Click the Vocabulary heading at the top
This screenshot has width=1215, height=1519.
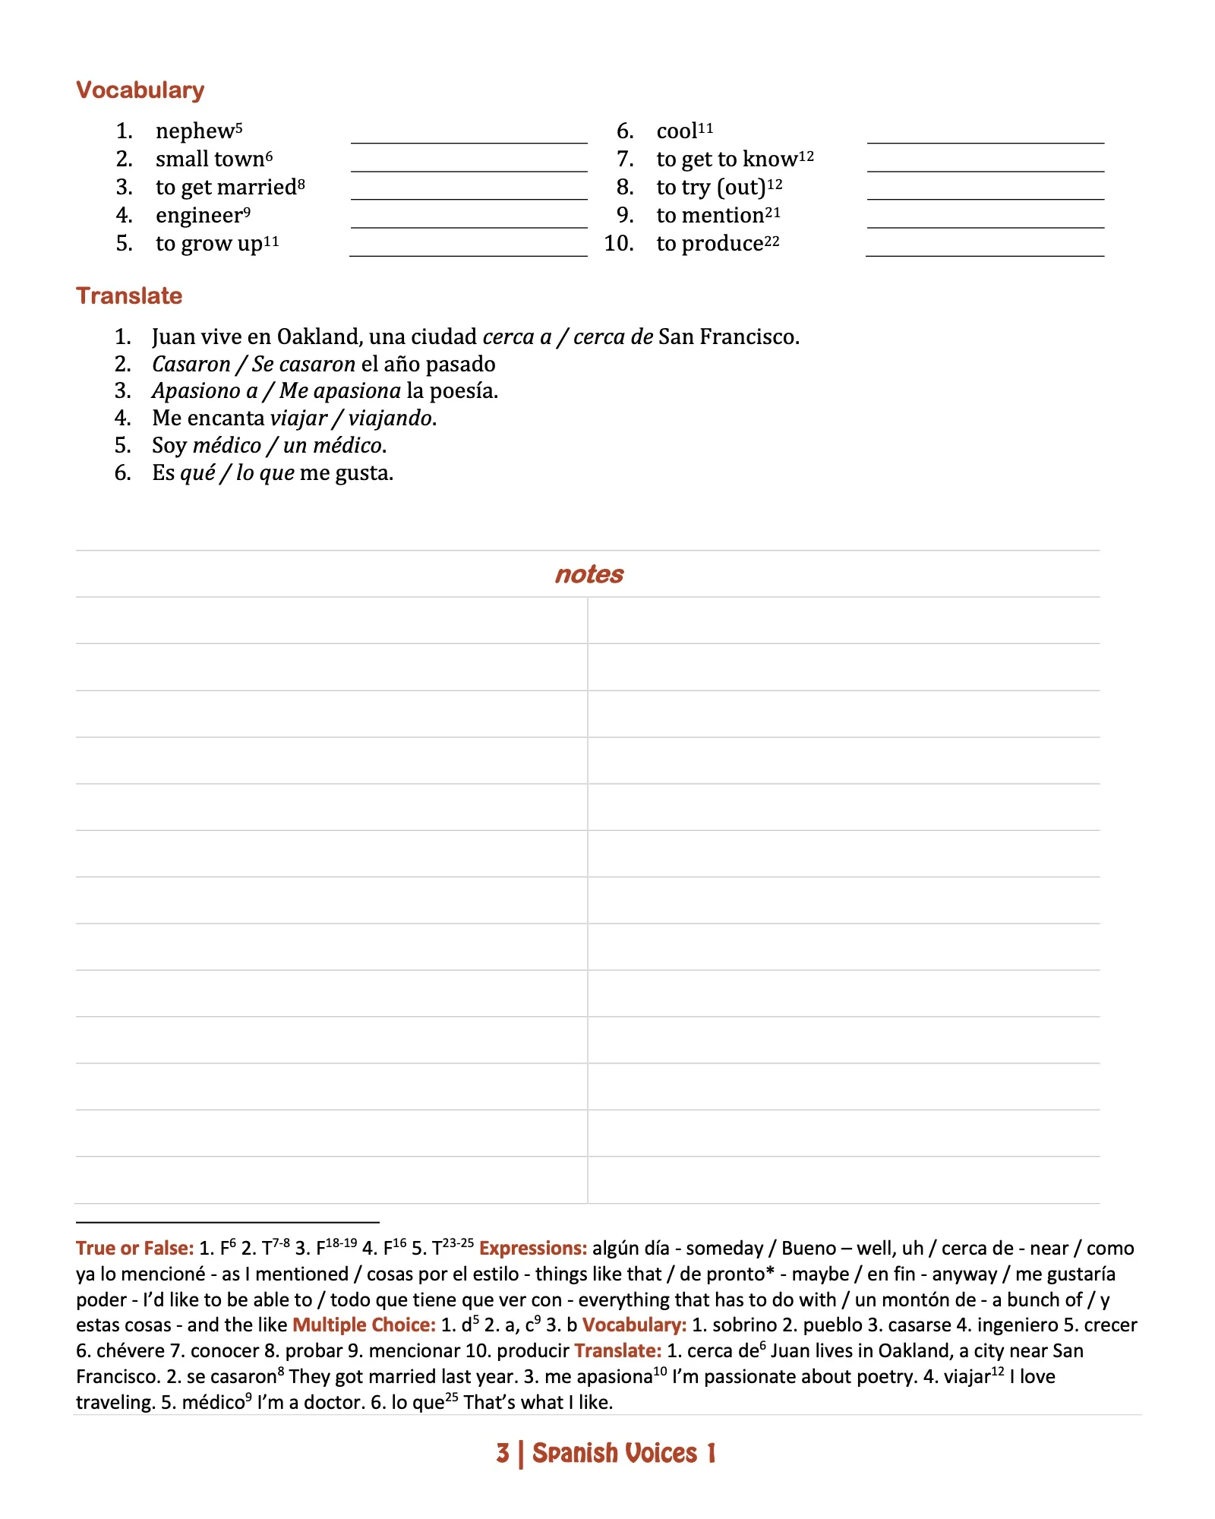[140, 90]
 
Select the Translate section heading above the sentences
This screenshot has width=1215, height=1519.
[129, 295]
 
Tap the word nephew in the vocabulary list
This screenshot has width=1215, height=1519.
[195, 131]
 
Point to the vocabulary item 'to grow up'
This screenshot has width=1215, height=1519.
[209, 244]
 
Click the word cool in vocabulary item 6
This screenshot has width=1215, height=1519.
[677, 131]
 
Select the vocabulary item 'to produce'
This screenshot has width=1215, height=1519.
[710, 244]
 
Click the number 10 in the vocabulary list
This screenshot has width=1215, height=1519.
[619, 244]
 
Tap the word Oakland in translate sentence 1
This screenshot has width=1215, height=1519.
[318, 336]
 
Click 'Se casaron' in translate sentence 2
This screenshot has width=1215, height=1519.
[304, 365]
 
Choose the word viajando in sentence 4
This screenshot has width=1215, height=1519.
[391, 418]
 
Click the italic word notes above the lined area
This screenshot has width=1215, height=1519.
[589, 575]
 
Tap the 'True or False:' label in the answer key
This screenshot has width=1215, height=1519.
[135, 1249]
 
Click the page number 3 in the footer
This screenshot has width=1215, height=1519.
[503, 1453]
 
